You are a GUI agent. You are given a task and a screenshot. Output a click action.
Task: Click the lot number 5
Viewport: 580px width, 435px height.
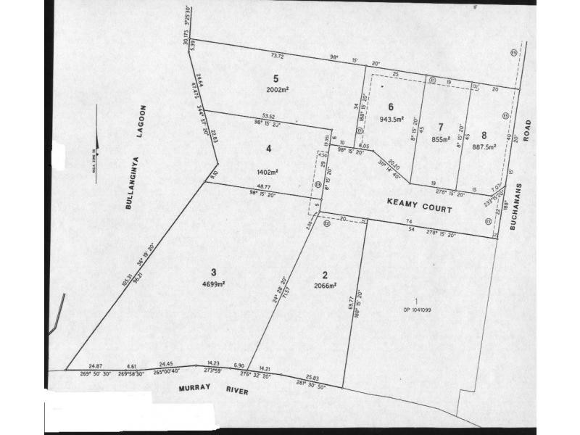coord(276,78)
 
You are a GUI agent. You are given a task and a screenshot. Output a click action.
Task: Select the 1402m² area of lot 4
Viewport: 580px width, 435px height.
coord(268,173)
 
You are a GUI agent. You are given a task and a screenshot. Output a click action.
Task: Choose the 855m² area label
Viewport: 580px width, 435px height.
coord(442,139)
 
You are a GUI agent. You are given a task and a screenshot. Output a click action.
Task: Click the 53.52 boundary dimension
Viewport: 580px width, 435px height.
coord(268,116)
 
